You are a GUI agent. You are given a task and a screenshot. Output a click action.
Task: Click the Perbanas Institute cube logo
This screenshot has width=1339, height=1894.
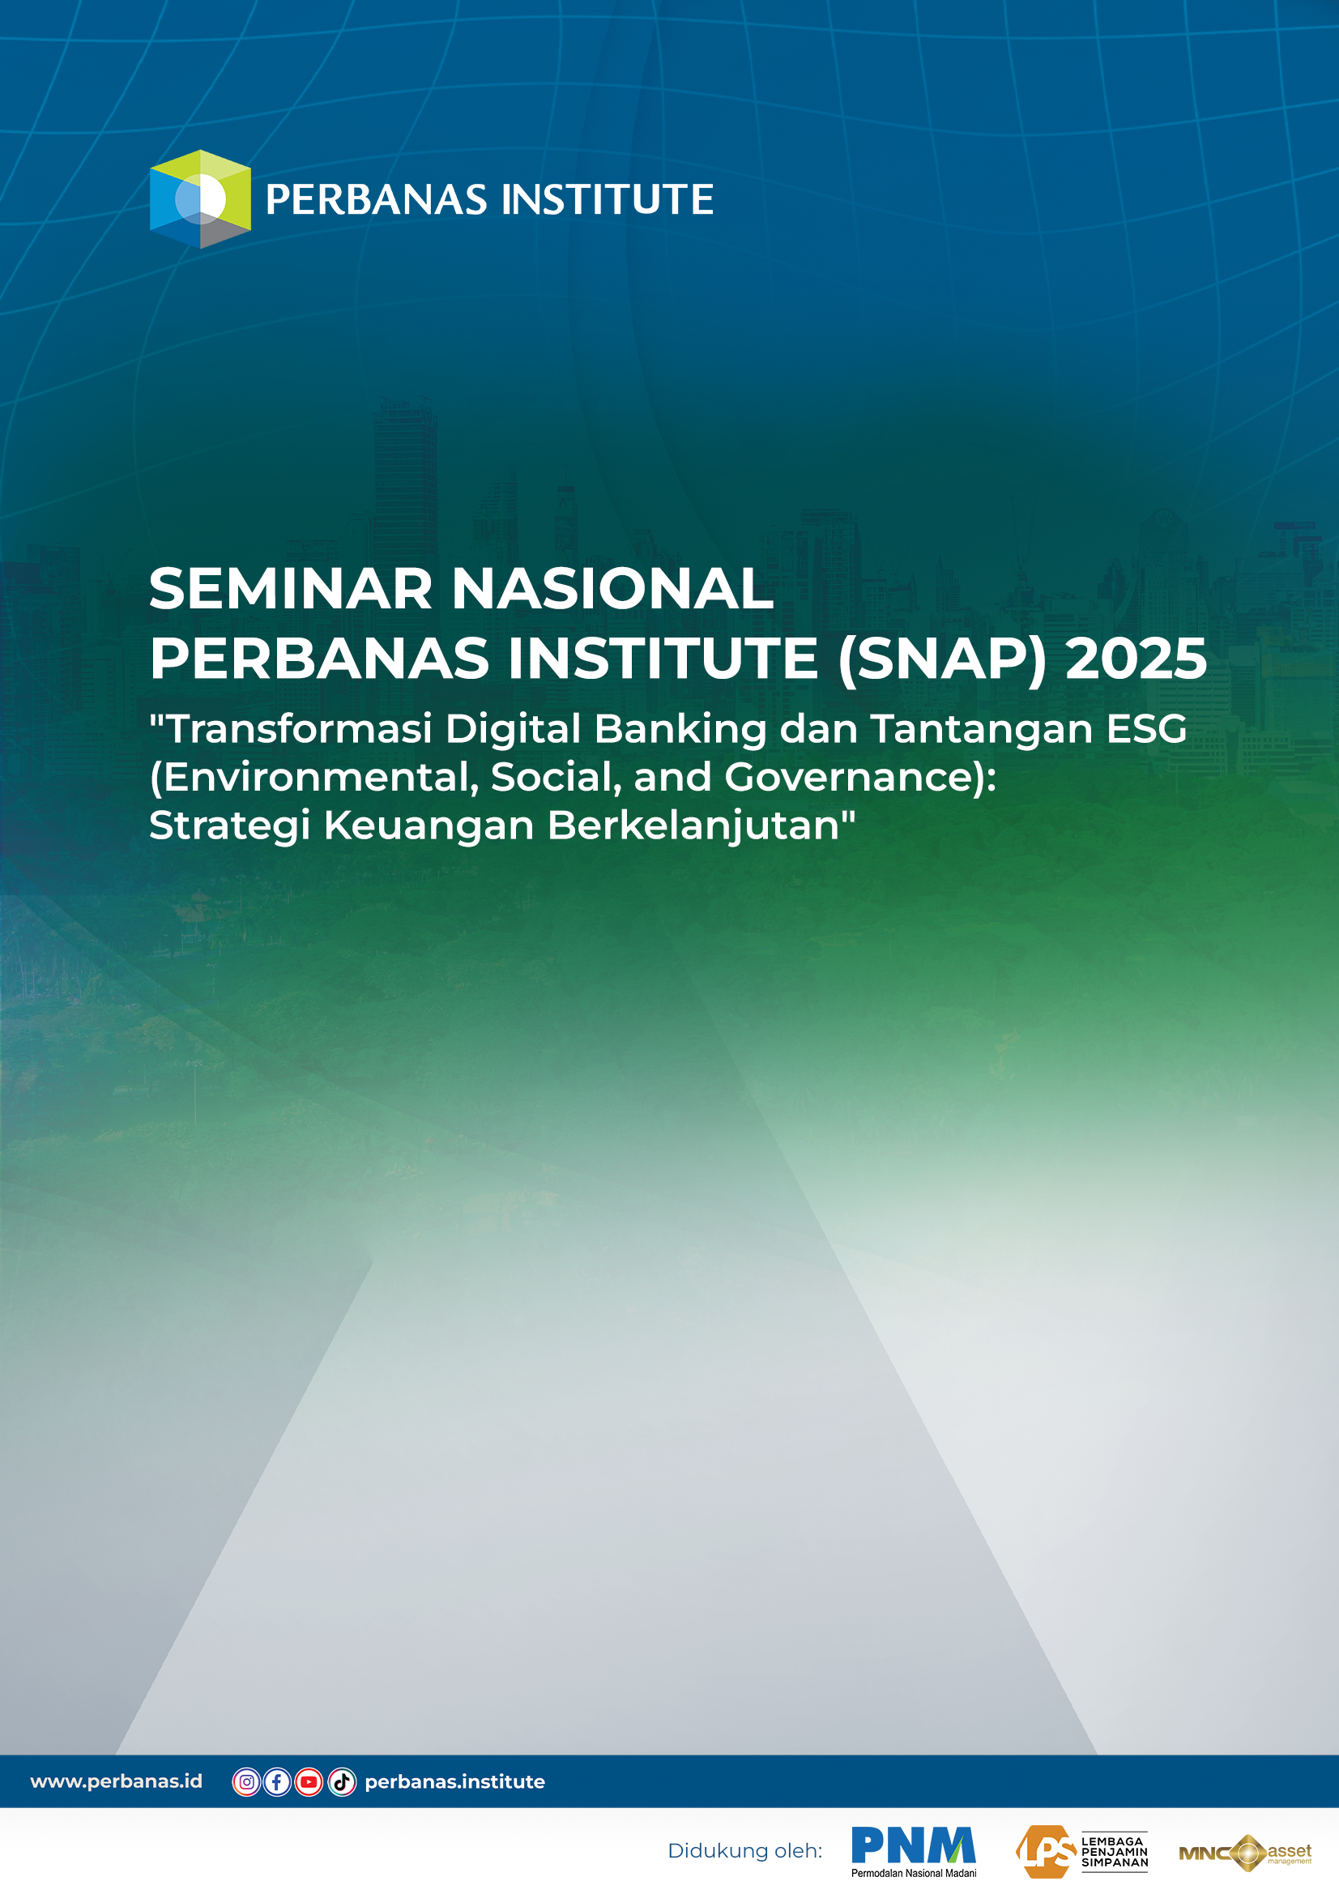coord(199,198)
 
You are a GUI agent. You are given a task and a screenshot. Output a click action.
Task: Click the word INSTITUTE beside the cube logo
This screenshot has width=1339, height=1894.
coord(608,199)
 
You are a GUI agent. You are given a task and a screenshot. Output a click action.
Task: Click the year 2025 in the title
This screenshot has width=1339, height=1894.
coord(1136,659)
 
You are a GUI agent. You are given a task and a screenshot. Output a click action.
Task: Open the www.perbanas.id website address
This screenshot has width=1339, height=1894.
coord(117,1781)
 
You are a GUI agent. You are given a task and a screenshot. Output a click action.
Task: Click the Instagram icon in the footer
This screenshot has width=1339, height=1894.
coord(247,1782)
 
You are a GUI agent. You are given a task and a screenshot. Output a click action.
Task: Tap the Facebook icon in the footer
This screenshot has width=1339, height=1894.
coord(277,1782)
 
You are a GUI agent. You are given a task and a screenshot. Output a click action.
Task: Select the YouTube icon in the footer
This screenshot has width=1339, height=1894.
coord(309,1782)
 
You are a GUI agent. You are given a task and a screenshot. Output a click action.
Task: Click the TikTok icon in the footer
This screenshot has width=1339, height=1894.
coord(342,1782)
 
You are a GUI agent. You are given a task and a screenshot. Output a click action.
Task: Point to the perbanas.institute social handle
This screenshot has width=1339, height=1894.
coord(454,1782)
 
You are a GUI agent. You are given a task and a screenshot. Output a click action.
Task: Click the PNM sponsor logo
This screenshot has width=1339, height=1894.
coord(913,1850)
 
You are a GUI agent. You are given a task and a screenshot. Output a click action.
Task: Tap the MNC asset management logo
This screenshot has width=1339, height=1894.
coord(1245,1853)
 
